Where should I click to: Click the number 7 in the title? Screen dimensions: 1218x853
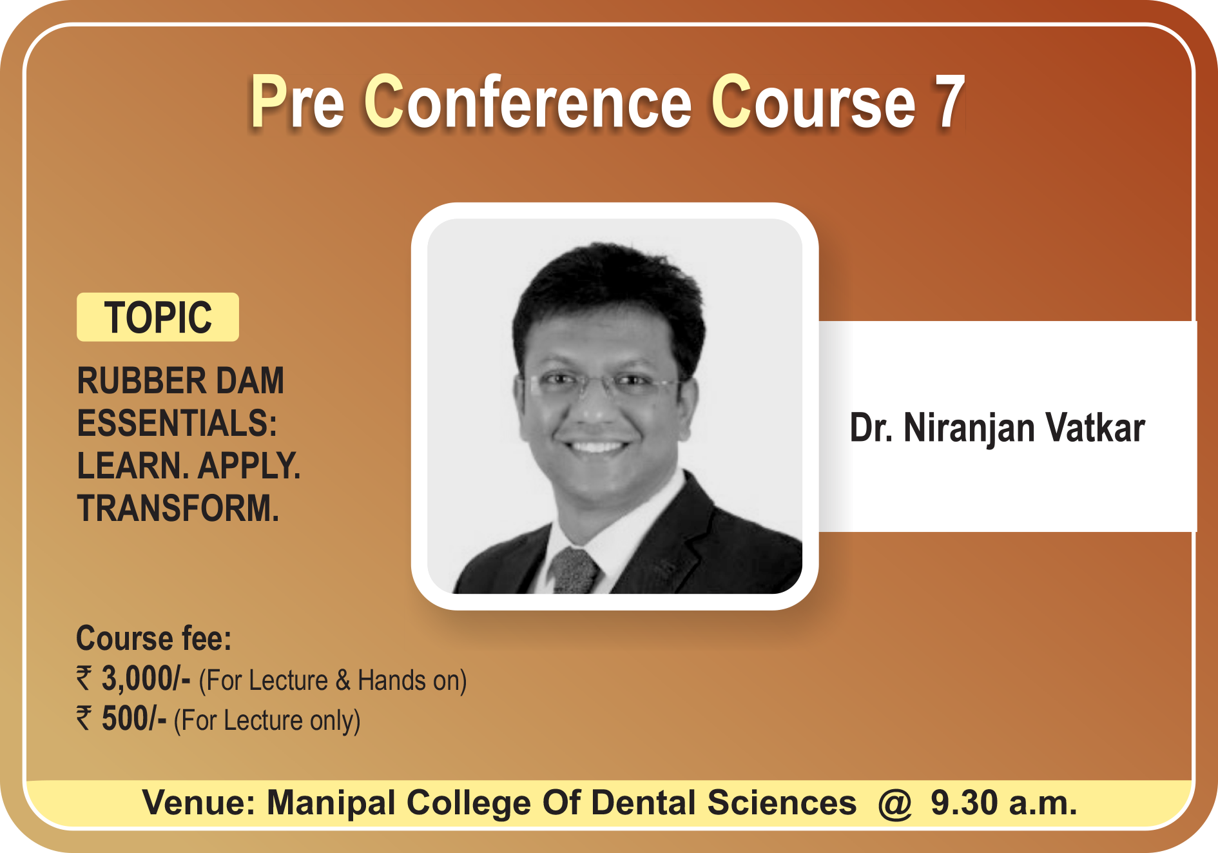click(949, 102)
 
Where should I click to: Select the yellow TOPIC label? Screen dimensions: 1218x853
click(158, 317)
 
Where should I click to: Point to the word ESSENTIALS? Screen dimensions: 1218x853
click(177, 423)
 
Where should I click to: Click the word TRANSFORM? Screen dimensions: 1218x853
click(179, 508)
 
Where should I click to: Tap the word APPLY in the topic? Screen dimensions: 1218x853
click(249, 466)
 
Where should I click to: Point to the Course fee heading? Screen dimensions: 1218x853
click(154, 638)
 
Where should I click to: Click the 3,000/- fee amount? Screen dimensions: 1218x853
click(146, 679)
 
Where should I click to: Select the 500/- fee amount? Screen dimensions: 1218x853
click(134, 719)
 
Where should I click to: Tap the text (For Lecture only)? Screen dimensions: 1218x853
click(267, 721)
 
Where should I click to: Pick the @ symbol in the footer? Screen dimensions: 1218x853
click(894, 803)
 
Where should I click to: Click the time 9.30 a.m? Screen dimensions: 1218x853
click(1004, 803)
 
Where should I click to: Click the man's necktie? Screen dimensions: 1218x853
click(575, 571)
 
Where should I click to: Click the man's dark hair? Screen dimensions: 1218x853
click(609, 290)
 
